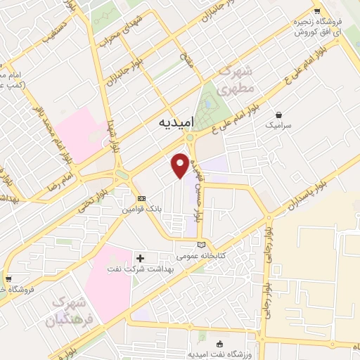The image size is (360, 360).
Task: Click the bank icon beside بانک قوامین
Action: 141,199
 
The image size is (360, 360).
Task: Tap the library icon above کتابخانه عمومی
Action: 202,244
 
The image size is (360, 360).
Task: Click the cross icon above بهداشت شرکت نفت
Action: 140,259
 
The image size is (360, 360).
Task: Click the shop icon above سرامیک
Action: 280,115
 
